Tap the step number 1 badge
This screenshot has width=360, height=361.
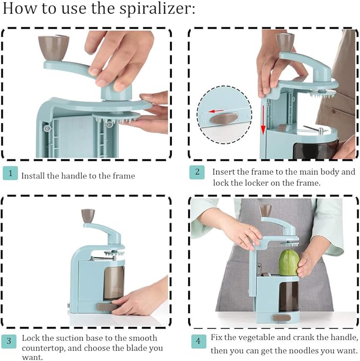(x=11, y=173)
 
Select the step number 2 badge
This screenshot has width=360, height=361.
(x=197, y=172)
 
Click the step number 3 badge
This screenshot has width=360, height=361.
(x=9, y=341)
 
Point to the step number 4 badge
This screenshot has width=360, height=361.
(x=198, y=341)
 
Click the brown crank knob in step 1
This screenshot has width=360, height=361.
(x=54, y=47)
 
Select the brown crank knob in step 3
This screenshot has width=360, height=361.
(x=88, y=216)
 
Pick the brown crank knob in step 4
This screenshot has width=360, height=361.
(x=266, y=210)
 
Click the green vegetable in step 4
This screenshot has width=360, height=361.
(x=289, y=263)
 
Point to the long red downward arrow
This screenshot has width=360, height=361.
(x=263, y=120)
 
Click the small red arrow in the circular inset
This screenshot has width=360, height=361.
(x=216, y=111)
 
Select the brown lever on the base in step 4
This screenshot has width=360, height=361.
(x=282, y=317)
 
